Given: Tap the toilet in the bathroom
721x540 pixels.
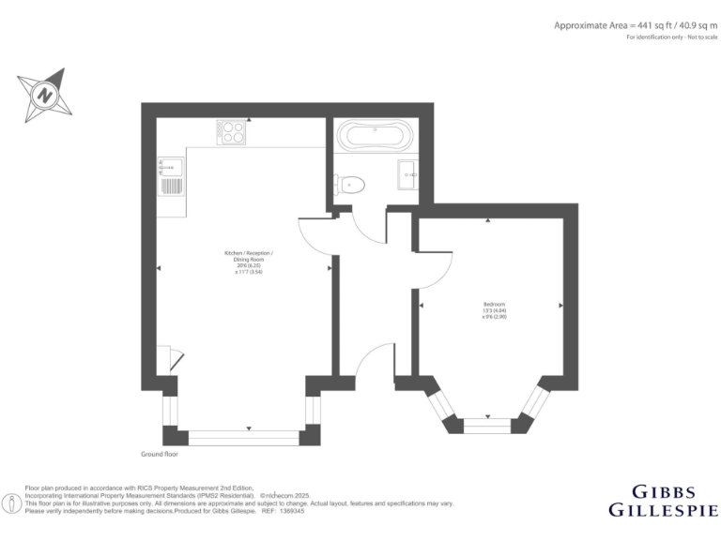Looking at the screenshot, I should click(352, 184).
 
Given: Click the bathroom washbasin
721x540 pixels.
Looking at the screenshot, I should click(408, 172).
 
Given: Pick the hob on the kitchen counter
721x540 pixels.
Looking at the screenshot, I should click(231, 132).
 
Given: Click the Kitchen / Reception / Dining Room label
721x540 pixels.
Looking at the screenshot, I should click(249, 262).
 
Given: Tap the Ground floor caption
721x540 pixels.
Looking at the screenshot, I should click(160, 454).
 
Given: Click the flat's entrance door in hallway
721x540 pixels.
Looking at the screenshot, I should click(374, 361).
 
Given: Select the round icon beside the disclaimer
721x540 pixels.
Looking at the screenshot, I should click(11, 503).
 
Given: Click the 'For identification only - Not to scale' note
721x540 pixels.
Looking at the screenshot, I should click(661, 38).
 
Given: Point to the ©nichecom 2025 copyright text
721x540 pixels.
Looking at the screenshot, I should click(284, 495).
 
